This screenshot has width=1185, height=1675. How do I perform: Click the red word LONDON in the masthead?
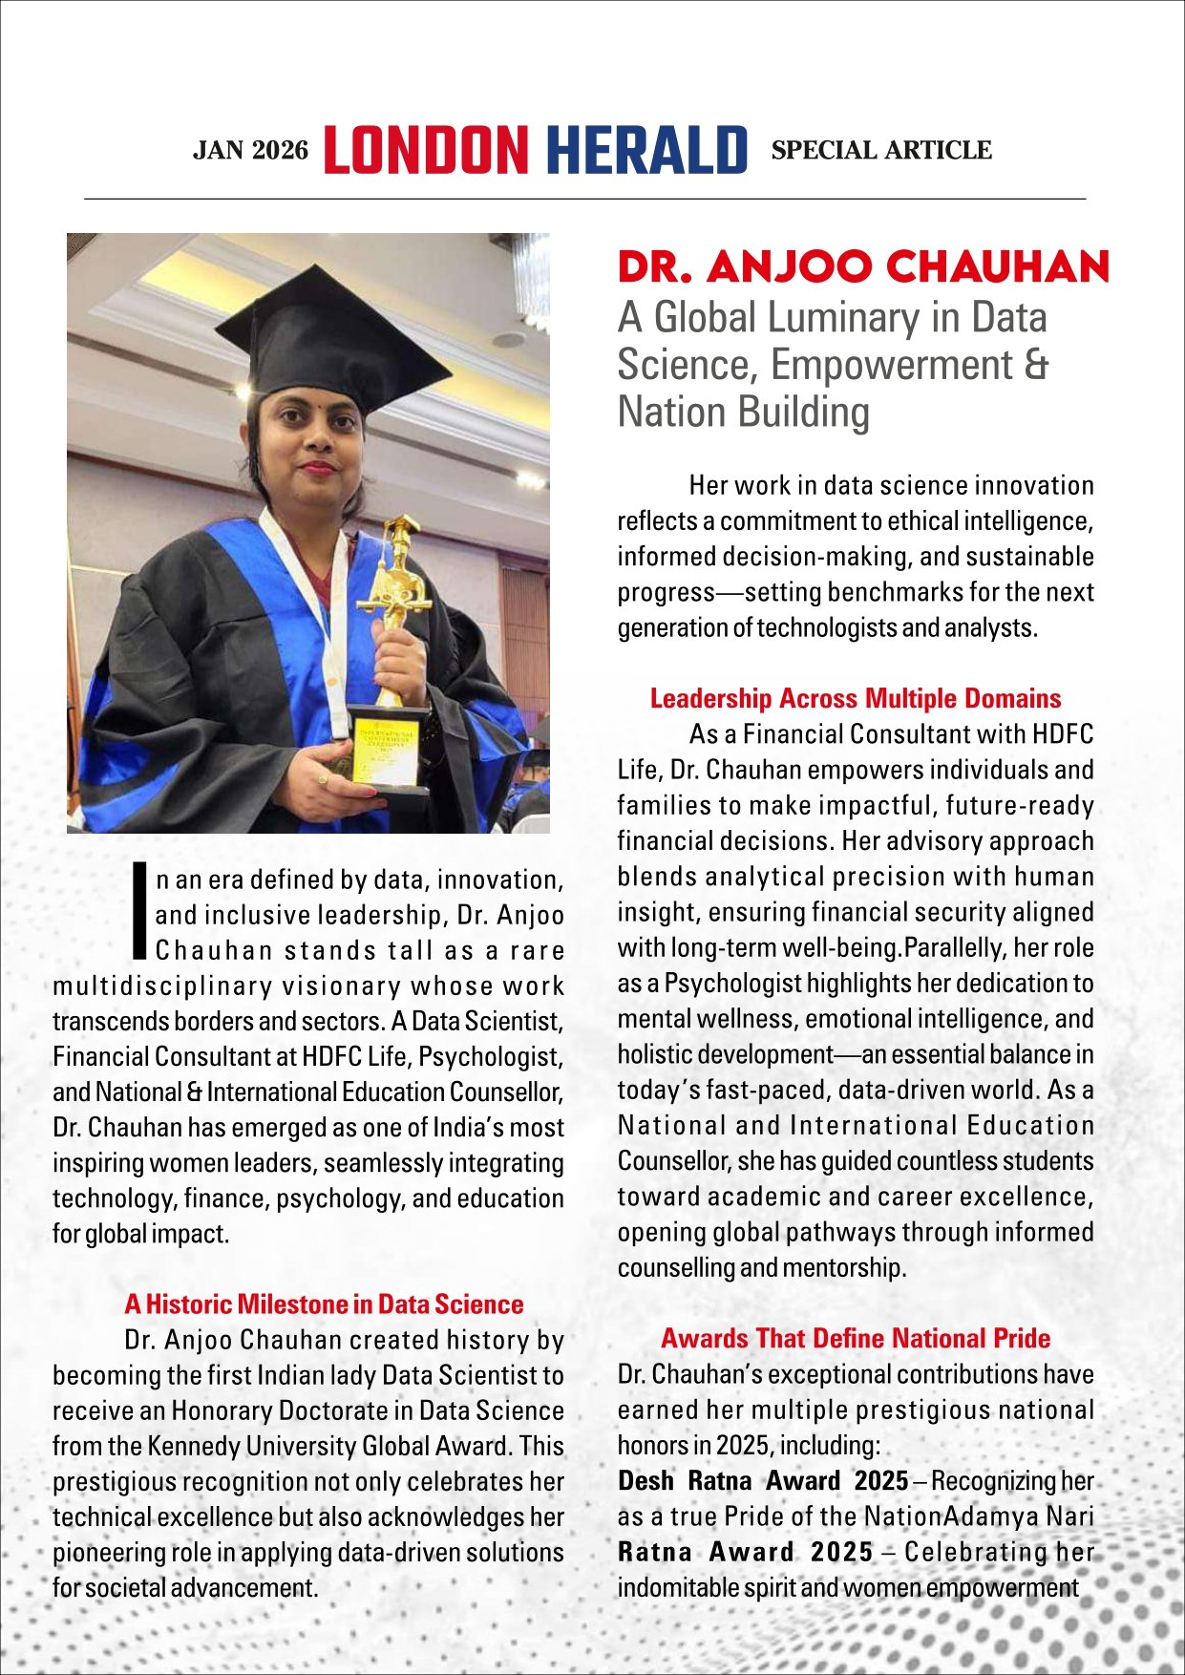(x=426, y=151)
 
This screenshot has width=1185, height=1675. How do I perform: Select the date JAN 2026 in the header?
(x=251, y=151)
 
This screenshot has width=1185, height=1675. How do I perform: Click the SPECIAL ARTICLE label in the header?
(x=881, y=150)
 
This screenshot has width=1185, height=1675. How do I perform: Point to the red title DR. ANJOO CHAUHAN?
(x=863, y=267)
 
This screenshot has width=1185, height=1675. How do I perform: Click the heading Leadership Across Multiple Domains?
(x=855, y=698)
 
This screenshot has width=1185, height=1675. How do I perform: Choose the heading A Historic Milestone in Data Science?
(x=324, y=1304)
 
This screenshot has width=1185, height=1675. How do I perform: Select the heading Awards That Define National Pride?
(x=855, y=1338)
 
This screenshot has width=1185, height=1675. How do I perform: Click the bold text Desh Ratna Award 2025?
(x=762, y=1481)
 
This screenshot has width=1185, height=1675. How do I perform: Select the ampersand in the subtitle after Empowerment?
(x=1034, y=365)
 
